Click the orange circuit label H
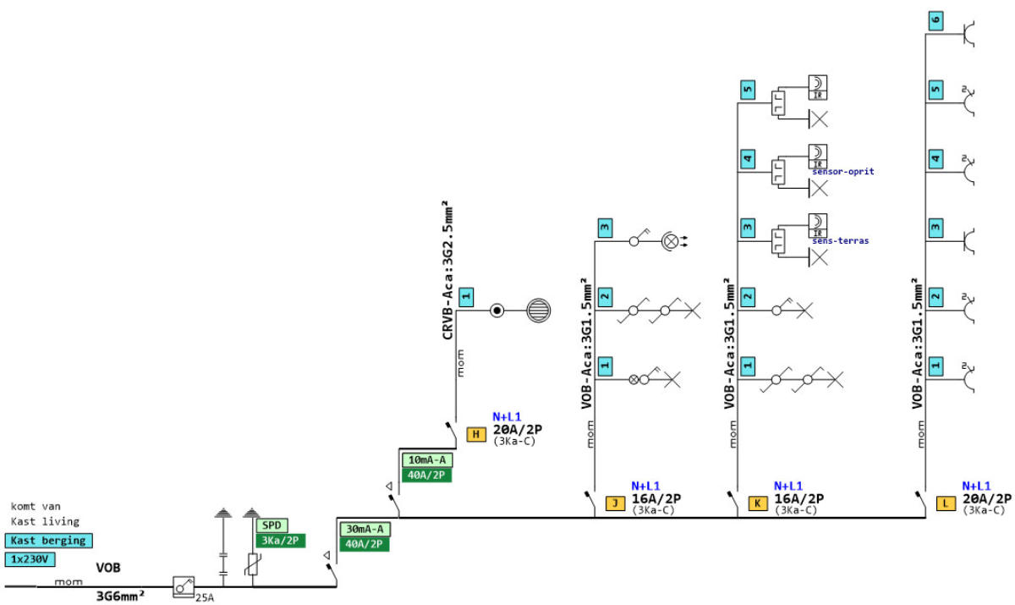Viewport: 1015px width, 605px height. pyautogui.click(x=476, y=434)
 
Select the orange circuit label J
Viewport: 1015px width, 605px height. pyautogui.click(x=615, y=503)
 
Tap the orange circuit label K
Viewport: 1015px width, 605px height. pyautogui.click(x=759, y=503)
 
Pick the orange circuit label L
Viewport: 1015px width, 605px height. pyautogui.click(x=946, y=503)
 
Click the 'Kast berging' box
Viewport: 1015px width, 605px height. pyautogui.click(x=48, y=540)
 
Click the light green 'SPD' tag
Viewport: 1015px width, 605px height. pyautogui.click(x=272, y=525)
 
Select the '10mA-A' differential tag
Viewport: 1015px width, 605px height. pyautogui.click(x=427, y=459)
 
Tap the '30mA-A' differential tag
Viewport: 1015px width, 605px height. pyautogui.click(x=365, y=529)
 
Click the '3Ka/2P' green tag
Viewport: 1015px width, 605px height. pyautogui.click(x=280, y=541)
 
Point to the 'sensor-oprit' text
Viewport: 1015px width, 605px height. pyautogui.click(x=842, y=171)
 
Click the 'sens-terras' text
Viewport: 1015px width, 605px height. pyautogui.click(x=840, y=240)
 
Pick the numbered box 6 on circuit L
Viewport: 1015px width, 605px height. pyautogui.click(x=935, y=20)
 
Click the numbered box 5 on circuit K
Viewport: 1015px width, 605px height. pyautogui.click(x=747, y=88)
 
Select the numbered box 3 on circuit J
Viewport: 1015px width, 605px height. pyautogui.click(x=605, y=227)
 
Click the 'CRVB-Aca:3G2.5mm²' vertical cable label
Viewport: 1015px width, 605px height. pyautogui.click(x=446, y=271)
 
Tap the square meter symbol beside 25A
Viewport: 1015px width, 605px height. pyautogui.click(x=184, y=586)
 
